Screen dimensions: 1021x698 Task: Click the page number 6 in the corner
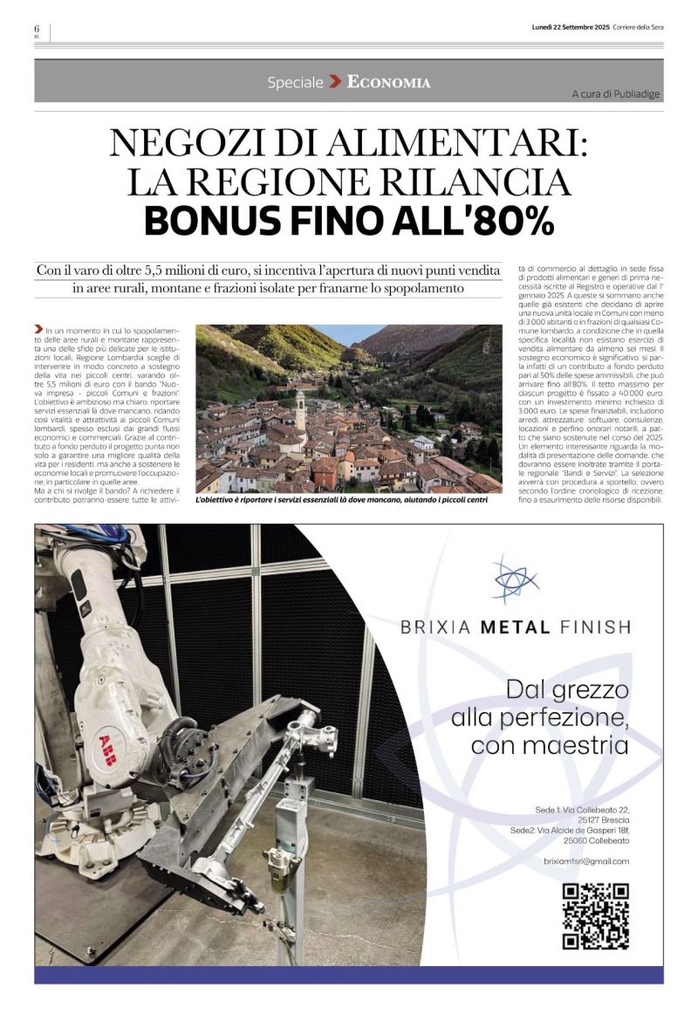pyautogui.click(x=38, y=29)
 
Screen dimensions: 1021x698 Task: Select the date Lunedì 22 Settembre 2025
pyautogui.click(x=571, y=27)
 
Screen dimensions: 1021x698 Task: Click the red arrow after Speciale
pyautogui.click(x=335, y=82)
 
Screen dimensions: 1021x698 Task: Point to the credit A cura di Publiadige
pyautogui.click(x=616, y=93)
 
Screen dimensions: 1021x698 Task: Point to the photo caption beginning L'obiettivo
pyautogui.click(x=342, y=501)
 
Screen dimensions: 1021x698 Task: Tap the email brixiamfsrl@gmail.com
pyautogui.click(x=585, y=861)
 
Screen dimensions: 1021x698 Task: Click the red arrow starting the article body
pyautogui.click(x=39, y=328)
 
